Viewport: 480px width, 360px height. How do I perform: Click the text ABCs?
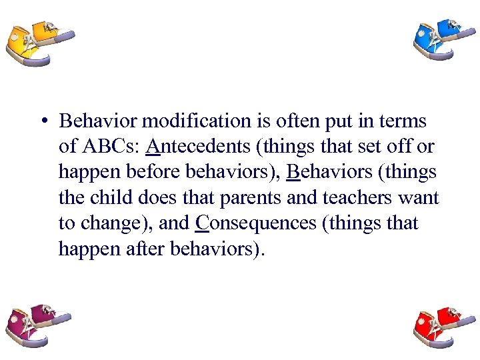pos(110,147)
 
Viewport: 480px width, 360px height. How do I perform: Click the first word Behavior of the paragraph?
pos(99,121)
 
